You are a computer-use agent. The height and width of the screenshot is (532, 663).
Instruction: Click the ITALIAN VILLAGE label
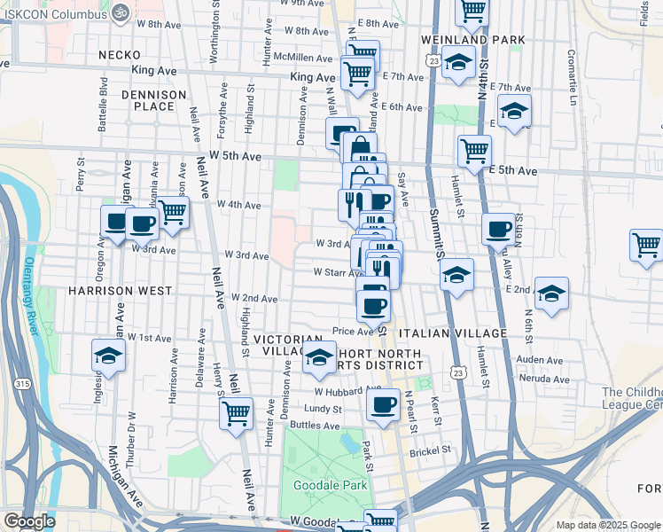(x=452, y=333)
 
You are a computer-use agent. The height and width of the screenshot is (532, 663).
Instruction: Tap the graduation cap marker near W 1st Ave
(x=109, y=356)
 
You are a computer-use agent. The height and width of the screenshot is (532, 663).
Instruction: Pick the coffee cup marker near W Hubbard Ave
(x=383, y=404)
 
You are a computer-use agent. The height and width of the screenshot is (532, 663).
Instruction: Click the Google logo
(x=29, y=521)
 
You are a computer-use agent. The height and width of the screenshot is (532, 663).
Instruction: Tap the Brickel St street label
(x=430, y=450)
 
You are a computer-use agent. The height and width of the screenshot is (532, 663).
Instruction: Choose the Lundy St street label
(x=324, y=409)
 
